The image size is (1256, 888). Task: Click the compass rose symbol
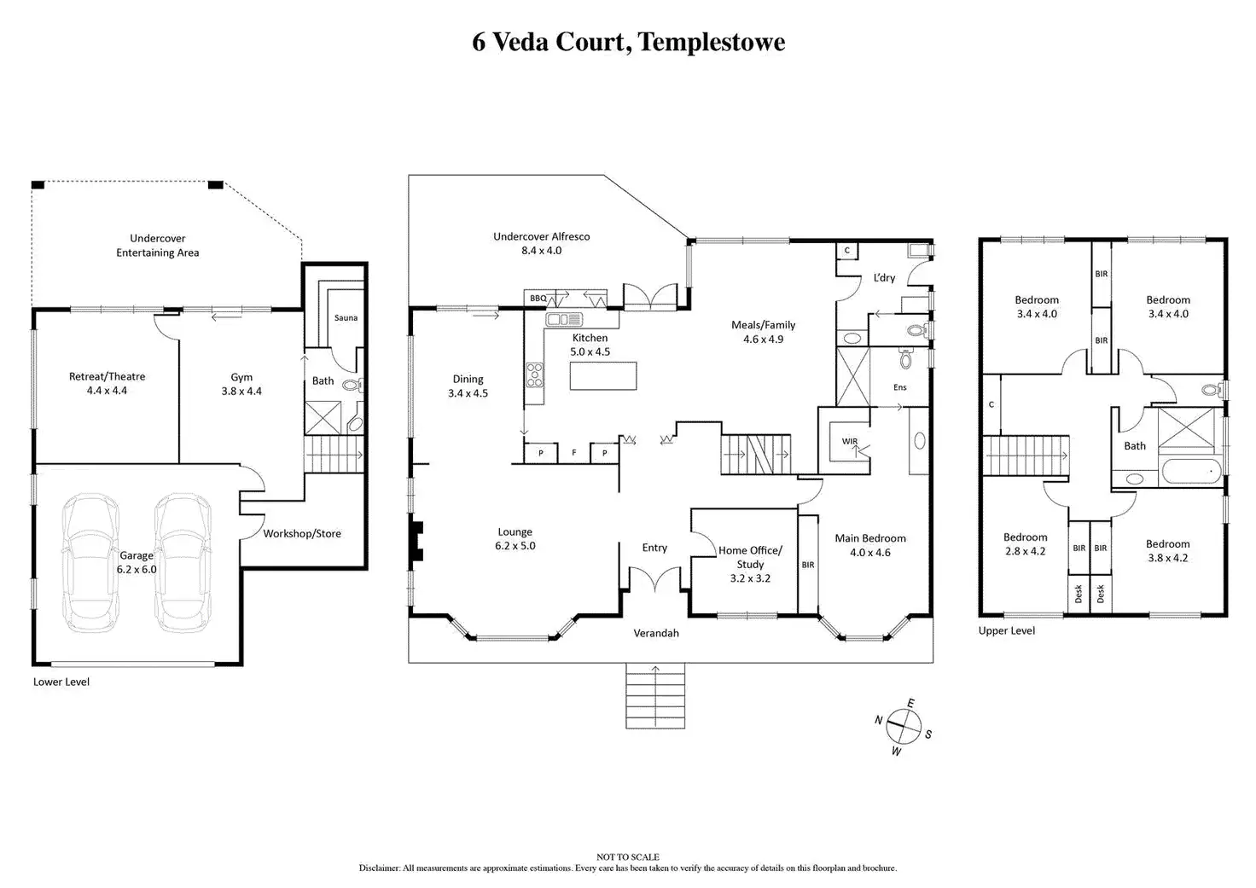pos(904,727)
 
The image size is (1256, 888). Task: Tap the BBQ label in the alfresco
pos(538,299)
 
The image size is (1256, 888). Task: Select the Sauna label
pos(346,318)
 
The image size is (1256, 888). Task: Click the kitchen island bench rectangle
pos(603,375)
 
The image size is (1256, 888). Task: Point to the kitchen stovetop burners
pos(534,374)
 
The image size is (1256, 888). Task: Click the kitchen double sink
pos(564,320)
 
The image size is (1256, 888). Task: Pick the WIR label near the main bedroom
pos(850,441)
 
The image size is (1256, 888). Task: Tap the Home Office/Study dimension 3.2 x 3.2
pos(750,578)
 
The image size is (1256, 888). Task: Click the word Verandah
pos(656,634)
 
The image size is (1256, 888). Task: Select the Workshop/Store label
pos(302,534)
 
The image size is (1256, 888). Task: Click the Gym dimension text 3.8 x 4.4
pos(241,392)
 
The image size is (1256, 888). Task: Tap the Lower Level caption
pos(61,682)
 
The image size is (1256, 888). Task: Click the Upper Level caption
pos(1007,630)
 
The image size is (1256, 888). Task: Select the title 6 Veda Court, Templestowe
pos(629,42)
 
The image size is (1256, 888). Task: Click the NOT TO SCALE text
pos(628,857)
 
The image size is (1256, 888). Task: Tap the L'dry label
pos(884,277)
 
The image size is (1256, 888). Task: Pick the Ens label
pos(900,387)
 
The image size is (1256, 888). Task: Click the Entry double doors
pos(654,578)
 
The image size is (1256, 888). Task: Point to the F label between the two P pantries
pos(573,452)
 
